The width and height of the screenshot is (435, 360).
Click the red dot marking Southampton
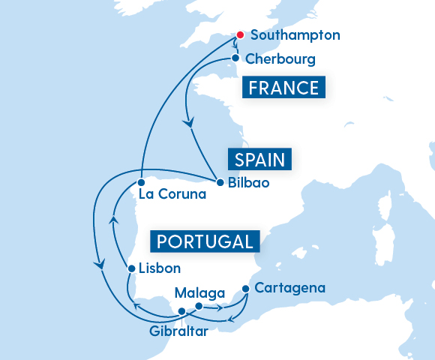click(240, 35)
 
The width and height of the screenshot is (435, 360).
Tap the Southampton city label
click(295, 35)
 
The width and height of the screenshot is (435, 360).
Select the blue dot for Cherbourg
click(235, 58)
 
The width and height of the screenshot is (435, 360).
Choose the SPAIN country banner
click(259, 160)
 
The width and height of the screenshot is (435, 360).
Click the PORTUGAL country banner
click(205, 241)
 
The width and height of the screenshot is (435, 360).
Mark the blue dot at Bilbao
click(219, 182)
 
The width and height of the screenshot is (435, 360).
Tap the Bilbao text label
click(248, 182)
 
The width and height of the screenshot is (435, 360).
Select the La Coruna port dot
click(140, 181)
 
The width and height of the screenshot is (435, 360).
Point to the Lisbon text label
click(160, 268)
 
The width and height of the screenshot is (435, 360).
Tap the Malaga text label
click(199, 292)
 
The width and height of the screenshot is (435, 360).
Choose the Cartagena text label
click(289, 287)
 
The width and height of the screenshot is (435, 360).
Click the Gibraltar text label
click(178, 331)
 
